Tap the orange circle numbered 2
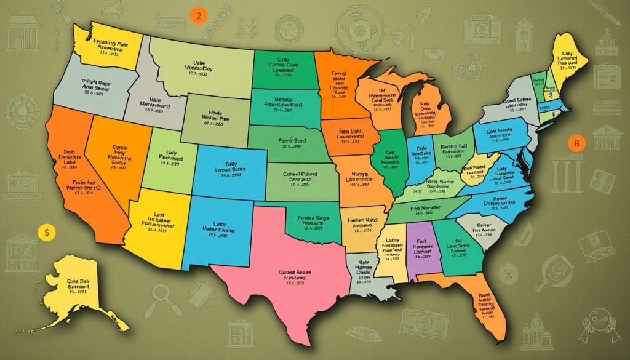click(x=197, y=17)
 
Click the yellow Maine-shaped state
click(x=570, y=55)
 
